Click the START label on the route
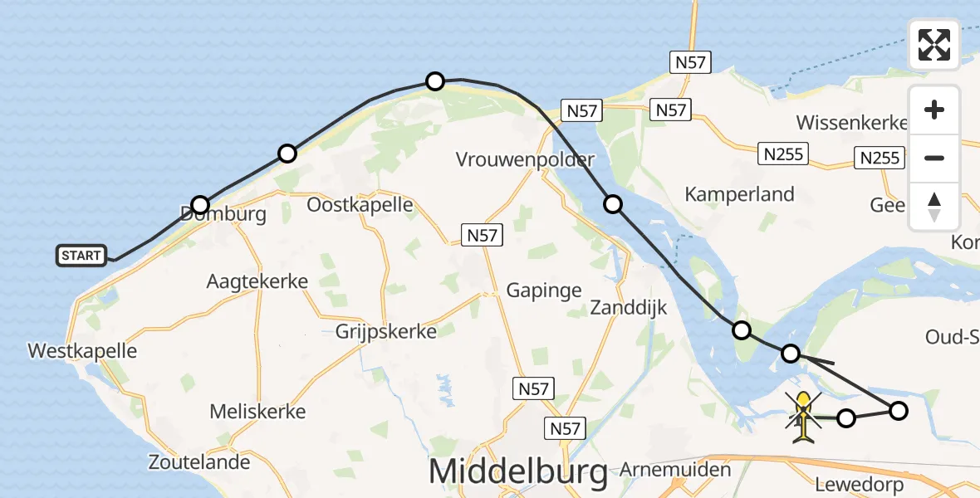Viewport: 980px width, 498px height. [x=81, y=256]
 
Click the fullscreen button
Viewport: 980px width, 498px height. [x=934, y=45]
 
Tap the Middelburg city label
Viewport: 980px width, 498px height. [x=517, y=472]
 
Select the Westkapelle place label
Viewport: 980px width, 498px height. [x=82, y=351]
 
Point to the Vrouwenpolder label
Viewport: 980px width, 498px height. [x=525, y=160]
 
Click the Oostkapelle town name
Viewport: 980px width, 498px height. [x=360, y=205]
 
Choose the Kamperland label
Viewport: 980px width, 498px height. [x=739, y=194]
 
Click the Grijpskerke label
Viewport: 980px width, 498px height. [x=385, y=332]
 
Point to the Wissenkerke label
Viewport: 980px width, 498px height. [x=851, y=123]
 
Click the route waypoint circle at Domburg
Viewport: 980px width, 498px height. [x=200, y=205]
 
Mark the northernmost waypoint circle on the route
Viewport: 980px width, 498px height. [x=435, y=81]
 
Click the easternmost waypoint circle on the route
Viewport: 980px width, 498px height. [x=899, y=410]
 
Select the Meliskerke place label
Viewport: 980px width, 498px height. [x=257, y=411]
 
